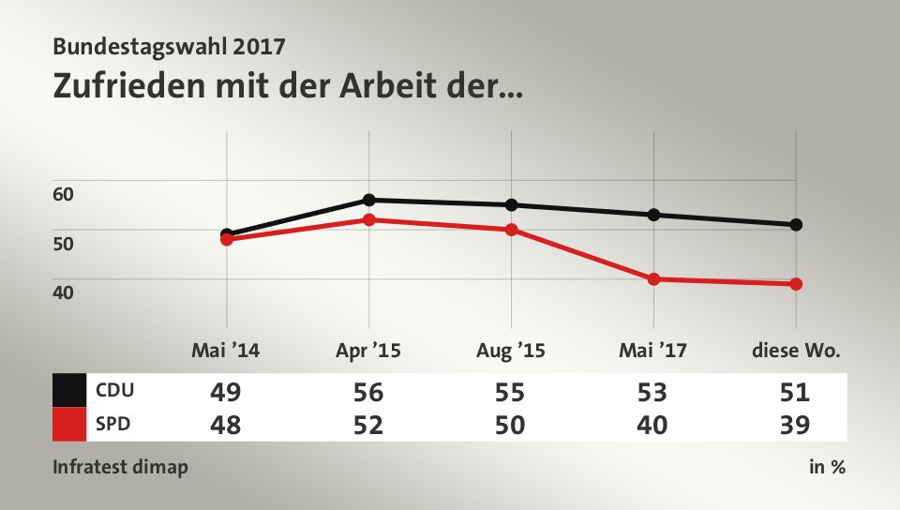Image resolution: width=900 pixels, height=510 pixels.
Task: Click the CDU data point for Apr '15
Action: point(369,200)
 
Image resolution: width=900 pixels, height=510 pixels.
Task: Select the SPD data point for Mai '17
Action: point(653,278)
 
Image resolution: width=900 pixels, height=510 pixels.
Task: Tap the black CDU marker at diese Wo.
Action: point(796,224)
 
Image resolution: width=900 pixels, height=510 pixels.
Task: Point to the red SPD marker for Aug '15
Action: point(512,229)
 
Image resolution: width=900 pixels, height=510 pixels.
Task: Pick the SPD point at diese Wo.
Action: point(796,284)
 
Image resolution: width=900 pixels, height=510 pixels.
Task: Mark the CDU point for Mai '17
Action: point(653,215)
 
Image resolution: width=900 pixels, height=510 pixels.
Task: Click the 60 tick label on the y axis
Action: point(64,194)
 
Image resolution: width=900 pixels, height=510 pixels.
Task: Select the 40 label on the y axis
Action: point(64,292)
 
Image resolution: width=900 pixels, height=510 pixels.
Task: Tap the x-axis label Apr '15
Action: point(368,352)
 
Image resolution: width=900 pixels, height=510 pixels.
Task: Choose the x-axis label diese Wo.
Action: point(796,352)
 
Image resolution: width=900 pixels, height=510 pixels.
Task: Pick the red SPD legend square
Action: point(69,424)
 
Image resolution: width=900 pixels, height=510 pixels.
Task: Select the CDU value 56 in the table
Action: point(368,392)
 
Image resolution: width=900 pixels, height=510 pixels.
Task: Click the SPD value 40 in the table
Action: point(653,425)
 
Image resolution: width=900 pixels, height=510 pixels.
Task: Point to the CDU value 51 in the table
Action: point(795,392)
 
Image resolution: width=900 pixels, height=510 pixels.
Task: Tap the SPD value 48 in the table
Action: point(226,425)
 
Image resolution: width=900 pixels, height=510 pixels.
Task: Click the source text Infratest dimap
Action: point(120,467)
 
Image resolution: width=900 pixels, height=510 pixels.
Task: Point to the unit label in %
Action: point(827,467)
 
